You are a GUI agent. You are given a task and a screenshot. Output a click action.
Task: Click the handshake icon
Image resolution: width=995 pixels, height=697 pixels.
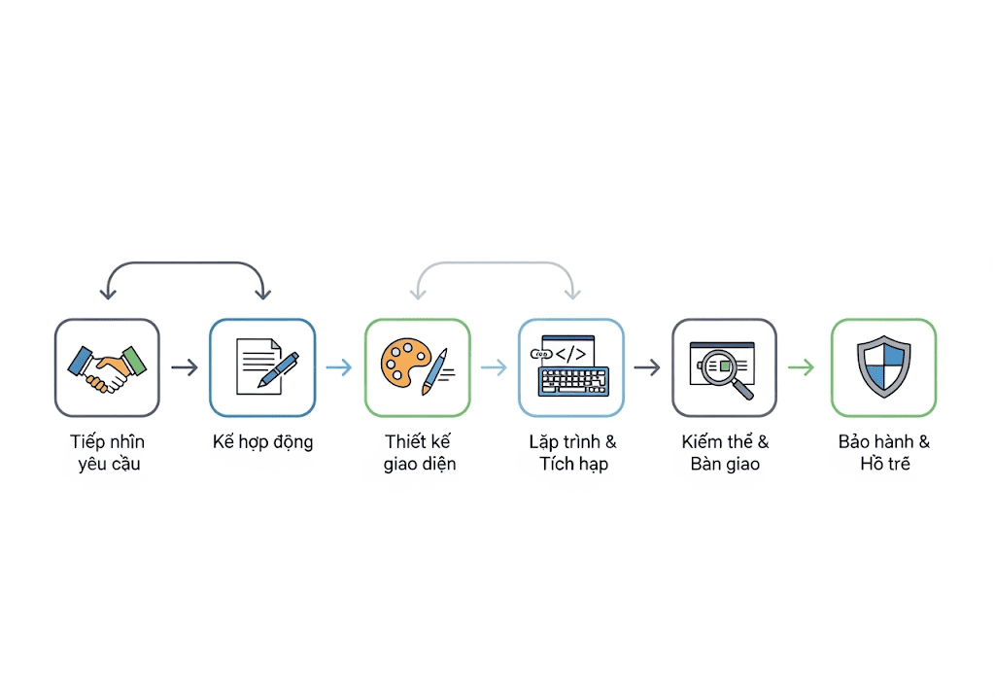(107, 368)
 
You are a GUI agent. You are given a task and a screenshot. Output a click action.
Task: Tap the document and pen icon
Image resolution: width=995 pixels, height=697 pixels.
(267, 366)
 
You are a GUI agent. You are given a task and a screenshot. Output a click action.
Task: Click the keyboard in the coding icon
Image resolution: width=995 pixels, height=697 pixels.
(573, 381)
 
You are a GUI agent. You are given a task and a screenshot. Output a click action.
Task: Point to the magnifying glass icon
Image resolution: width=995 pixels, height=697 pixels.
(728, 372)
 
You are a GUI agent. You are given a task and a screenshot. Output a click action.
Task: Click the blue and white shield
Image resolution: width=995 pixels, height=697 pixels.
(884, 366)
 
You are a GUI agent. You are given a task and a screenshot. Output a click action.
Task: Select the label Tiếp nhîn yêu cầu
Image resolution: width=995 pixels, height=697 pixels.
(108, 453)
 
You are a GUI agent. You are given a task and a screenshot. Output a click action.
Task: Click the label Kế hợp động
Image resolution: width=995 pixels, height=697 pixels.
(262, 441)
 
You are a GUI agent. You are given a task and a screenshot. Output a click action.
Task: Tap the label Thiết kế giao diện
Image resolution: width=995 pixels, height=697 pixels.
(420, 453)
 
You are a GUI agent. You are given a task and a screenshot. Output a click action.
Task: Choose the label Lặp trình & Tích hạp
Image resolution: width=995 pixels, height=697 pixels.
(573, 453)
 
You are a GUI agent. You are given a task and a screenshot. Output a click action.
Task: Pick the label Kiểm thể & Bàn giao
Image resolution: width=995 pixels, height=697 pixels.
(725, 453)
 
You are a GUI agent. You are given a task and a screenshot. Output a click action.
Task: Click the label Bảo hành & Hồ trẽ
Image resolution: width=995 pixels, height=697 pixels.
(884, 453)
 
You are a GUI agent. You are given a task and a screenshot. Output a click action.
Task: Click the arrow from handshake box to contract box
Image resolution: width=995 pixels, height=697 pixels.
(185, 366)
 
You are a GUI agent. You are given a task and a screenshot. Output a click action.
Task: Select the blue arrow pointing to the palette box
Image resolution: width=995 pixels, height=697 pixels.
(339, 366)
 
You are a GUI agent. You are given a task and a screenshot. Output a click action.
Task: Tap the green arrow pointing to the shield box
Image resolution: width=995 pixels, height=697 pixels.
(801, 366)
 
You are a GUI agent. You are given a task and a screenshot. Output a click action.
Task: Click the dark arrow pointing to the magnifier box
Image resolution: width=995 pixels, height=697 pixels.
(647, 366)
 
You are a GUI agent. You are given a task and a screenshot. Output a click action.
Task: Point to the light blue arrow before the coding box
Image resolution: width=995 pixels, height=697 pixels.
(494, 366)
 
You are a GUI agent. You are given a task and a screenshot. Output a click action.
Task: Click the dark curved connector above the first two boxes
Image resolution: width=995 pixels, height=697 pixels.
(186, 262)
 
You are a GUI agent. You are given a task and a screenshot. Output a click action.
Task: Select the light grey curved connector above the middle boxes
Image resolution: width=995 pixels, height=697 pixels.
(495, 262)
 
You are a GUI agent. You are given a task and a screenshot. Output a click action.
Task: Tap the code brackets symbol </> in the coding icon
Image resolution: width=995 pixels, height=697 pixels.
(570, 354)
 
